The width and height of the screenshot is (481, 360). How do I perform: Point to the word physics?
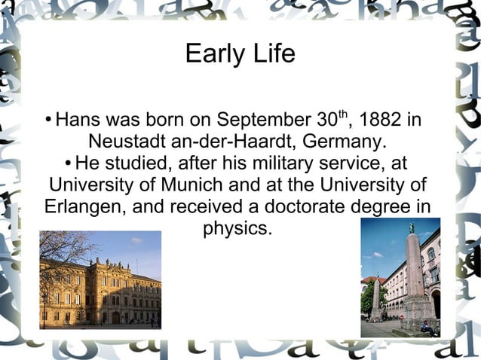237,227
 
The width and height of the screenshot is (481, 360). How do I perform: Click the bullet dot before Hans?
48,121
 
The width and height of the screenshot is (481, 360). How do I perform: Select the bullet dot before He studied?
69,163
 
